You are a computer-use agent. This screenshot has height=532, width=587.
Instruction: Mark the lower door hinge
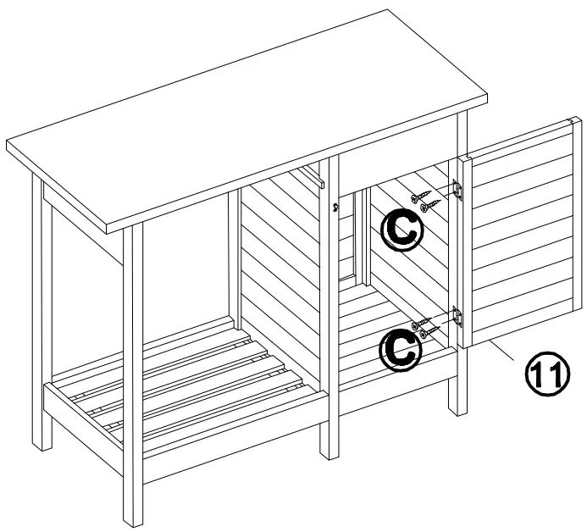pyautogui.click(x=457, y=317)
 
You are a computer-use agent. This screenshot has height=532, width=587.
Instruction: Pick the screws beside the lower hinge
pyautogui.click(x=424, y=325)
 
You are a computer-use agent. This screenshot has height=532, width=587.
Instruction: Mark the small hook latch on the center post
pyautogui.click(x=336, y=205)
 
